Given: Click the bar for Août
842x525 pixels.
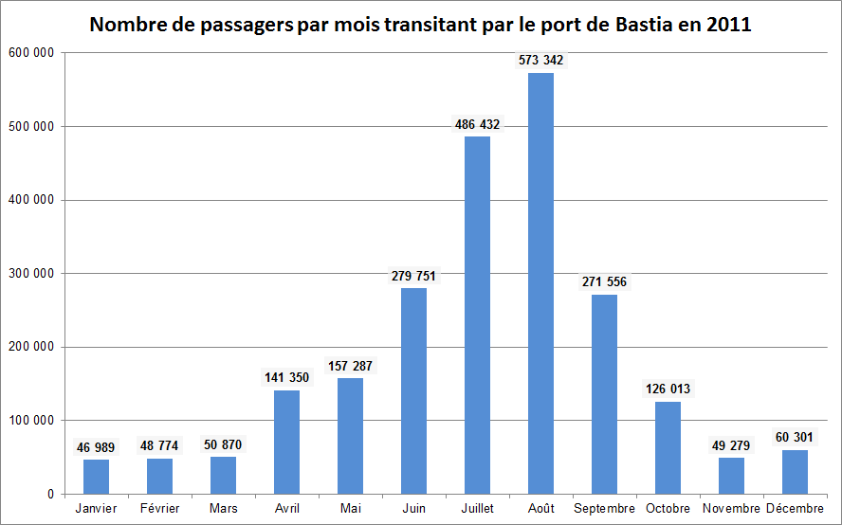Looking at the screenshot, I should click(540, 283).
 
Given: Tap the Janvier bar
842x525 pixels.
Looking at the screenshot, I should click(96, 477).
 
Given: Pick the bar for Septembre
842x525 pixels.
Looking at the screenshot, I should click(604, 394).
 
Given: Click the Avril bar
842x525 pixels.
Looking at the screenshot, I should click(286, 442).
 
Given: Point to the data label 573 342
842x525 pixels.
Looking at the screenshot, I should click(540, 60).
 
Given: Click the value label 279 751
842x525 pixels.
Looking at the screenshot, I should click(413, 276).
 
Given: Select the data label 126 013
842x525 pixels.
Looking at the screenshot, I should click(668, 389).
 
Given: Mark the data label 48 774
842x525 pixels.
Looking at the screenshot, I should click(159, 445).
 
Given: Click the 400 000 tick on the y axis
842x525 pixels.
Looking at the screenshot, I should click(31, 200).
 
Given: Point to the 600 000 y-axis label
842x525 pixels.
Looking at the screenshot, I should click(31, 53).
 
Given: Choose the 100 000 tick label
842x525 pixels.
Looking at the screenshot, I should click(31, 420).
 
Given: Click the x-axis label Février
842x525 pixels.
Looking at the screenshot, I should click(159, 509).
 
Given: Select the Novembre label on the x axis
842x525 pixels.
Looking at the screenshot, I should click(731, 509).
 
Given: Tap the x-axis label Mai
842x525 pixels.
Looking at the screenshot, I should click(350, 509).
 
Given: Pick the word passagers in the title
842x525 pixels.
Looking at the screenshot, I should click(229, 26).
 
